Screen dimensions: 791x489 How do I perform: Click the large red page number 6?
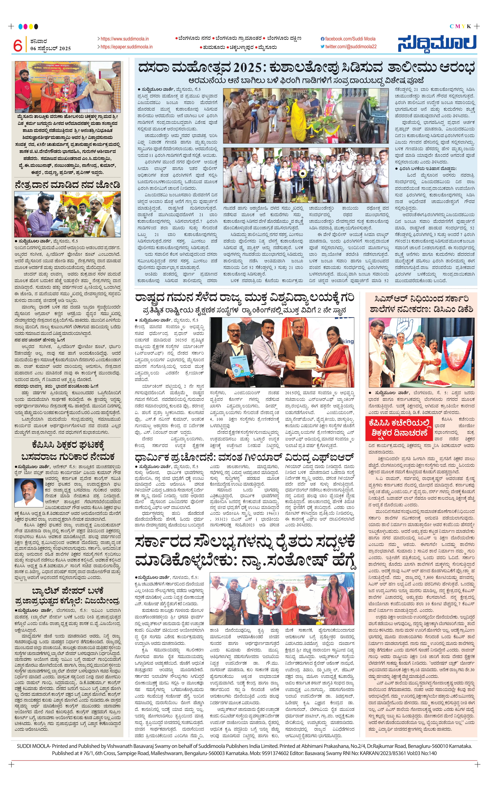pyautogui.click(x=18, y=45)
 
